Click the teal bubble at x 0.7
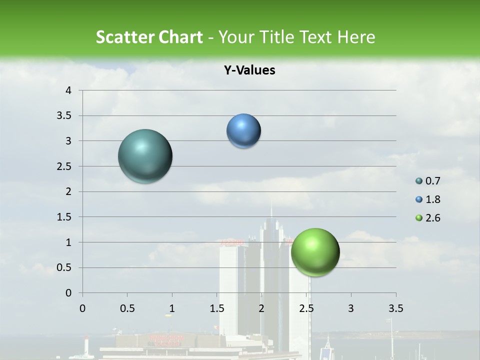(x=145, y=156)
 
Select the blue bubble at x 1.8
(x=243, y=131)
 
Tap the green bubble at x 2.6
(x=315, y=252)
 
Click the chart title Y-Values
(x=249, y=70)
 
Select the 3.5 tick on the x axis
(x=395, y=308)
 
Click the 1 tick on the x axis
(x=172, y=308)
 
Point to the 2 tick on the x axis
(x=261, y=308)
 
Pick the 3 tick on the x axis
(x=351, y=308)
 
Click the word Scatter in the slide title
(x=123, y=37)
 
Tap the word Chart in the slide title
(x=179, y=37)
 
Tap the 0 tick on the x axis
(x=82, y=308)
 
